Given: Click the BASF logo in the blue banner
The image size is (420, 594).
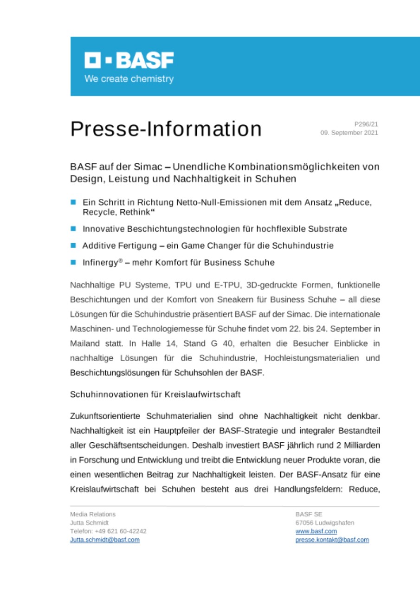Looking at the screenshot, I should [x=129, y=60].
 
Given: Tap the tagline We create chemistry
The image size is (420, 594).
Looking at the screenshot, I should [x=129, y=79].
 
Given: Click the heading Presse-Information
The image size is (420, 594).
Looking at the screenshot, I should [x=166, y=129].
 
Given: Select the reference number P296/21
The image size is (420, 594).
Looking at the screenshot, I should [x=366, y=124].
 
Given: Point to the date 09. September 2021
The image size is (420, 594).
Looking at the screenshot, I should [x=349, y=133].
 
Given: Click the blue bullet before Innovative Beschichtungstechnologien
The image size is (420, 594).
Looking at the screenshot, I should [x=73, y=229].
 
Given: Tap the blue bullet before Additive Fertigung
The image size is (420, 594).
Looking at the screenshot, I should [x=73, y=245].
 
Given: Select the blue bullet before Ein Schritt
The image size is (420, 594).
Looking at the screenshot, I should [x=73, y=203].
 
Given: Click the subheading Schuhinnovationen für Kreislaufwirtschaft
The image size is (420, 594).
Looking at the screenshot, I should [x=155, y=394].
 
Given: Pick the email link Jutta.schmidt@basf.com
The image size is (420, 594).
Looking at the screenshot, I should [x=104, y=540].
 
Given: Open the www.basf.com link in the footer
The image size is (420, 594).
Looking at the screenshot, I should [x=316, y=531].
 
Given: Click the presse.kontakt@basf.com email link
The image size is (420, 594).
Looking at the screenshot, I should [x=332, y=540].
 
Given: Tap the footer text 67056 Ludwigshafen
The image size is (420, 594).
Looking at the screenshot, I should [x=324, y=523].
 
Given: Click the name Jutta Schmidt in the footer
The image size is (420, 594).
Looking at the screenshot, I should [x=89, y=523].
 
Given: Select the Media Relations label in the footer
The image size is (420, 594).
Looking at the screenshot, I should [x=93, y=514].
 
